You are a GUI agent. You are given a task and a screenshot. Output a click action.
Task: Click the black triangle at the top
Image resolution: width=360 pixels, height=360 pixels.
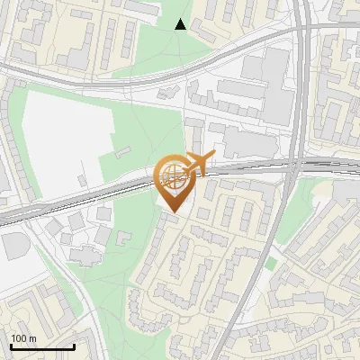(181, 24)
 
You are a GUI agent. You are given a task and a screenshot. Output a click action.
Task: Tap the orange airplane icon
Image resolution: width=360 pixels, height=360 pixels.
(200, 164)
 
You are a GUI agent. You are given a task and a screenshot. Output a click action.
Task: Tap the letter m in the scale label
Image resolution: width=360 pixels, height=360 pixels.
(33, 338)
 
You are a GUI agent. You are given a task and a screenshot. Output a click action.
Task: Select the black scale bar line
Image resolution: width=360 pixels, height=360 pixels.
(42, 346)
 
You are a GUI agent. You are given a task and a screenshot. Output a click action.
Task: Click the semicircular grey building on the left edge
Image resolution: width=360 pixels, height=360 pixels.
(11, 246)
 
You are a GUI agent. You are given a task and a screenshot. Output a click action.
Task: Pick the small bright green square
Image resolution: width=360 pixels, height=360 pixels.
(270, 264)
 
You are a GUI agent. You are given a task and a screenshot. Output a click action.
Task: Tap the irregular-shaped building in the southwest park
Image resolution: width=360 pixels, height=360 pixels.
(85, 256)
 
